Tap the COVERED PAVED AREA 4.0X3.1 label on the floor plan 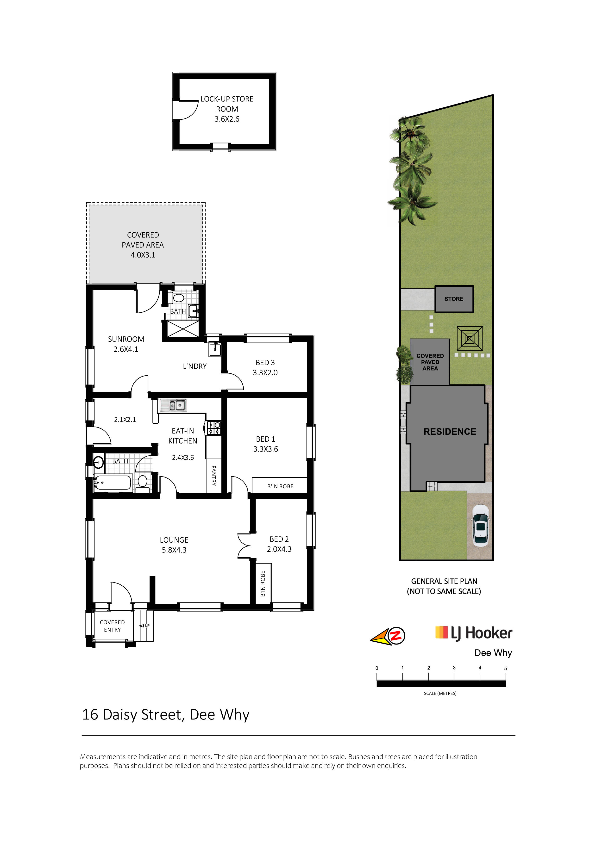point(143,245)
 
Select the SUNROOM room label point(126,339)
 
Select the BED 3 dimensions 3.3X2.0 point(265,372)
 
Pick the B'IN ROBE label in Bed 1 point(280,486)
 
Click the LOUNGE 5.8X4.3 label point(174,545)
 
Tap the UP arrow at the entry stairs point(144,626)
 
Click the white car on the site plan point(480,525)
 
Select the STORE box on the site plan point(454,299)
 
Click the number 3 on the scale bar point(454,668)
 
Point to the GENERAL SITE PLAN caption point(444,581)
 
